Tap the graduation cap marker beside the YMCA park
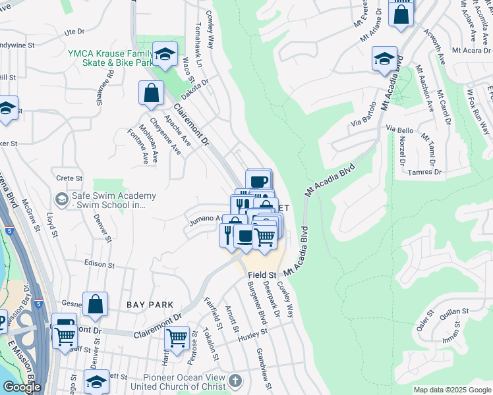[165, 55]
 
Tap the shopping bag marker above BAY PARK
[96, 305]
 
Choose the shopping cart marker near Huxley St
[177, 338]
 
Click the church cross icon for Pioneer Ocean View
[235, 381]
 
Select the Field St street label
[262, 275]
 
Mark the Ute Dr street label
[74, 31]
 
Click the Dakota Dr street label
[195, 84]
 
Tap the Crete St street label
[69, 178]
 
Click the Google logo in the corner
[21, 387]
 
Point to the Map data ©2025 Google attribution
[452, 390]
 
